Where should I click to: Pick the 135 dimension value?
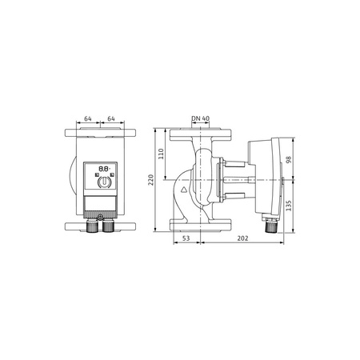290,205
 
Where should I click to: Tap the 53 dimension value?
184,238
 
